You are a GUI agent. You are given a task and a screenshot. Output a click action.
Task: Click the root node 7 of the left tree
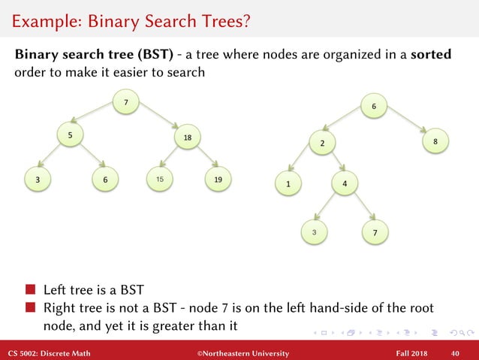tap(125, 102)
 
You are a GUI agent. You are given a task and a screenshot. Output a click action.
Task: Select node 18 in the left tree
tap(187, 138)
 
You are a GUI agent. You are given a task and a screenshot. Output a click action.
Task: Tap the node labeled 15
tap(159, 180)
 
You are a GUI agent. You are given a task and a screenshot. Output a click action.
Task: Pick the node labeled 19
tap(218, 180)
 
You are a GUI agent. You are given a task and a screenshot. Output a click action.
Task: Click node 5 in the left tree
tap(69, 135)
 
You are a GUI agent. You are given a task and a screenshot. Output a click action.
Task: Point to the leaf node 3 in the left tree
tap(37, 180)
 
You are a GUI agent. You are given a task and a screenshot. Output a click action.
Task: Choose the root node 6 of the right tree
tap(374, 107)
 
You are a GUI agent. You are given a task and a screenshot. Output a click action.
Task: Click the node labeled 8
tap(435, 141)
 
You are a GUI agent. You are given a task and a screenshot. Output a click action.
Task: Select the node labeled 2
tap(321, 143)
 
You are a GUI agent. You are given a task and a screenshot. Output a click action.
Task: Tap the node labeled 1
tap(288, 183)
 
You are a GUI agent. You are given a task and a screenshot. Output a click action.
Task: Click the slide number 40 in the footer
tap(455, 353)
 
